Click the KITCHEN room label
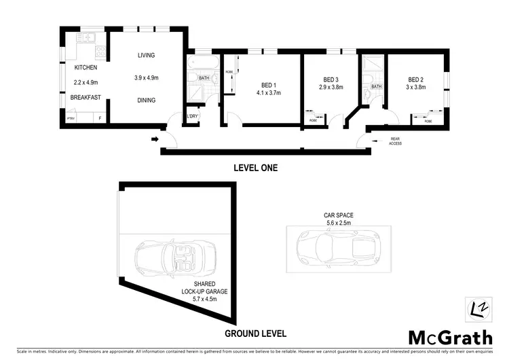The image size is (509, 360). click(86, 67)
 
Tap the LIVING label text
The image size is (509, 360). click(147, 56)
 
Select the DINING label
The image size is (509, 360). click(146, 100)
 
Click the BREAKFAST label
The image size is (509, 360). click(86, 97)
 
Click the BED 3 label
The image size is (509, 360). click(331, 79)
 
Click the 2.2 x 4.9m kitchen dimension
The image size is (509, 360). click(86, 82)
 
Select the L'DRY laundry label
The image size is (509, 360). click(192, 116)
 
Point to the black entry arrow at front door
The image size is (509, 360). click(155, 140)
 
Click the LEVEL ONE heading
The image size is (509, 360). click(255, 168)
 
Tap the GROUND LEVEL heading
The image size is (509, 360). click(255, 334)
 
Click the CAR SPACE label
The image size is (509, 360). click(339, 215)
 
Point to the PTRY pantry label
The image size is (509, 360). click(70, 118)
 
